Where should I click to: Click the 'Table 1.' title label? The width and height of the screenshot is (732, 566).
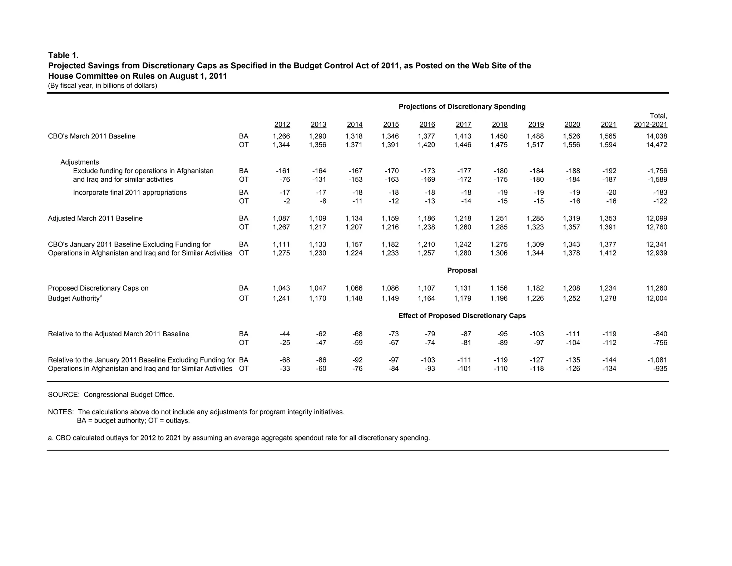[63, 55]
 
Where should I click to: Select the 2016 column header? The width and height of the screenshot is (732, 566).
[427, 125]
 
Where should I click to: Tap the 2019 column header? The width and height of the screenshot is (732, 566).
[536, 125]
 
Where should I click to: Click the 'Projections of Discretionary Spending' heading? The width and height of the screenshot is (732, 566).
[462, 107]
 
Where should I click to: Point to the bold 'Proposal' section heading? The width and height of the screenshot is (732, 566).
[462, 270]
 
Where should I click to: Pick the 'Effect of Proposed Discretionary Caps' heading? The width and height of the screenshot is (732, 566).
[462, 316]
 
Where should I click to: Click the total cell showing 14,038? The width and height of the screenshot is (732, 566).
[657, 136]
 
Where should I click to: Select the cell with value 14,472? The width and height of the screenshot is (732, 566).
[657, 145]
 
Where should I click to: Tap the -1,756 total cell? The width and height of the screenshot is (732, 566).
[657, 171]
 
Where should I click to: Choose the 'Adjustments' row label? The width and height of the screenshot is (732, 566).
[80, 162]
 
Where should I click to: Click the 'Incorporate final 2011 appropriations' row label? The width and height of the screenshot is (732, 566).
[130, 193]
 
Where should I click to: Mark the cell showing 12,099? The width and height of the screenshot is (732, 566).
[657, 219]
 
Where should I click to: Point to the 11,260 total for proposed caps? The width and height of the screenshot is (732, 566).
[657, 288]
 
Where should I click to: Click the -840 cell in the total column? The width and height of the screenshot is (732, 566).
[660, 334]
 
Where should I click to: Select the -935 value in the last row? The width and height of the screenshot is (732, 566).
[660, 369]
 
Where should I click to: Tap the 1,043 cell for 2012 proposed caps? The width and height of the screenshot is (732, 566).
[281, 288]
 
